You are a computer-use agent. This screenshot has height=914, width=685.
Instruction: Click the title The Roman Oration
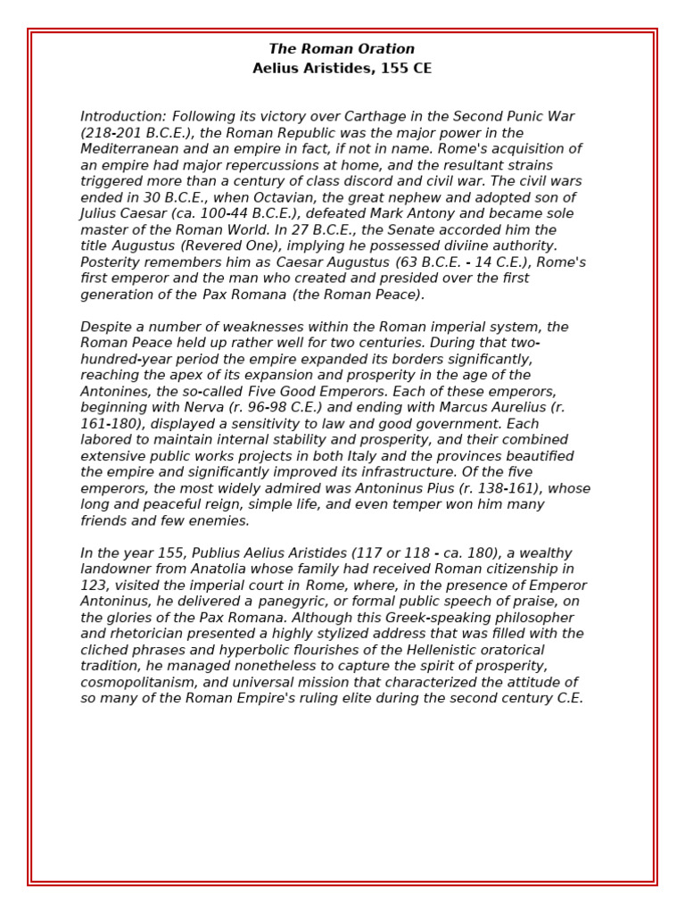342,49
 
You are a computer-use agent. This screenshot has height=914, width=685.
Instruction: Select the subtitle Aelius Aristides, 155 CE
342,69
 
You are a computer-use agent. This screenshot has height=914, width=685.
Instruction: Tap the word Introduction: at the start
123,117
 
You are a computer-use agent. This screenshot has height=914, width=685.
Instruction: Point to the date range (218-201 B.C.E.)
136,133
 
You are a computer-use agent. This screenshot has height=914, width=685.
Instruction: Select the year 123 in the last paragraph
93,586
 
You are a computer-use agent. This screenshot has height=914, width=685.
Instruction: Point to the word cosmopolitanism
136,682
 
